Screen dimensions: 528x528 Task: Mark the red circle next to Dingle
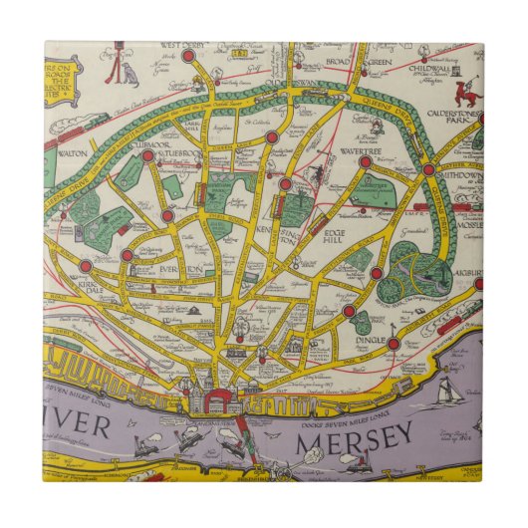pyautogui.click(x=394, y=344)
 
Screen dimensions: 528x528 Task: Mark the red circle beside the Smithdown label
pyautogui.click(x=428, y=169)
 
